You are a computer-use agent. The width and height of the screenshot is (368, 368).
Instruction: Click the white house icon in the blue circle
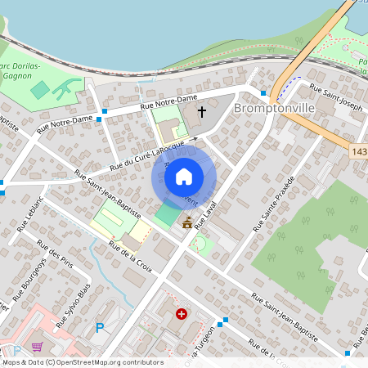coord(184,176)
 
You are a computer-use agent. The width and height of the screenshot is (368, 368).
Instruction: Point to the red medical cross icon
coord(182,313)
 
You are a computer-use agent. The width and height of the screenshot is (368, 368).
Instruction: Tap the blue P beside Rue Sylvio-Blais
coord(100,328)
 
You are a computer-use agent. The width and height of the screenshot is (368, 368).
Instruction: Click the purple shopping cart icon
coord(37,347)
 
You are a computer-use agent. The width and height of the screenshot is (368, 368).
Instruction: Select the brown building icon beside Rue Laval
coord(187,222)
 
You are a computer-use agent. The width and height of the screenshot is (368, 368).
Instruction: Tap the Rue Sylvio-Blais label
coord(73,304)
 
